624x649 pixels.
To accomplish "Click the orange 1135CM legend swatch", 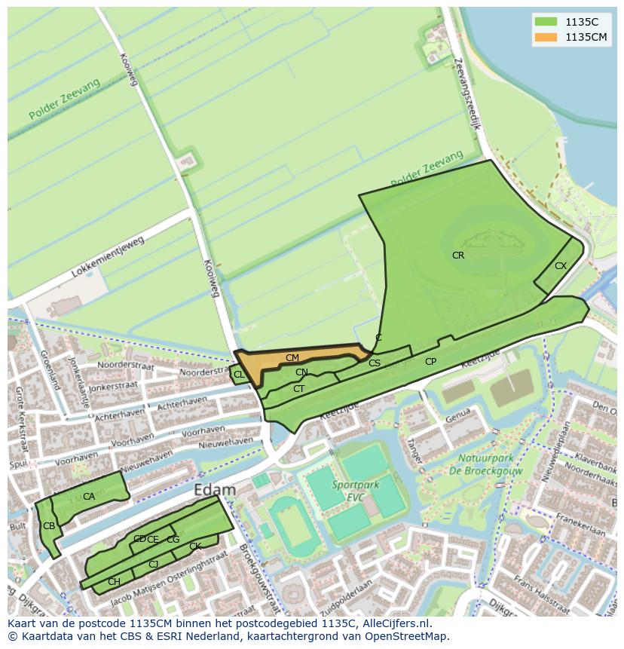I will pyautogui.click(x=546, y=37).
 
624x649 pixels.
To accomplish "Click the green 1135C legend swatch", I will pyautogui.click(x=546, y=21).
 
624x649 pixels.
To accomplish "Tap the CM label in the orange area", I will pyautogui.click(x=292, y=357).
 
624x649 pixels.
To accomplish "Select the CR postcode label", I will pyautogui.click(x=458, y=256).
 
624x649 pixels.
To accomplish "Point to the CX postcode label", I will pyautogui.click(x=561, y=266).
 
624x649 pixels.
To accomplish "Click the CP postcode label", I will pyautogui.click(x=430, y=362).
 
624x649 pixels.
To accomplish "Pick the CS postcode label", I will pyautogui.click(x=375, y=363).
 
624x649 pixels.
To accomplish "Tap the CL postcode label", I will pyautogui.click(x=239, y=375).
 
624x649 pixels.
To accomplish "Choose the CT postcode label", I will pyautogui.click(x=299, y=389).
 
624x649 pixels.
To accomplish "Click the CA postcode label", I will pyautogui.click(x=89, y=497).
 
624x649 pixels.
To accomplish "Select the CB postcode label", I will pyautogui.click(x=49, y=526).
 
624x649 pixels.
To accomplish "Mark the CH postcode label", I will pyautogui.click(x=114, y=582).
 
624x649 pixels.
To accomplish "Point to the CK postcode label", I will pyautogui.click(x=195, y=546).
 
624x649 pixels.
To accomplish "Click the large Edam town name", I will pyautogui.click(x=215, y=490).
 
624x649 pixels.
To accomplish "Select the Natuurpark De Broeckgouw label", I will pyautogui.click(x=487, y=464).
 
